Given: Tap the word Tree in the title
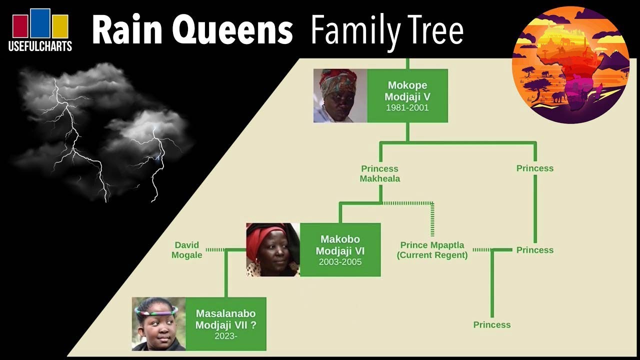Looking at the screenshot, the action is (x=434, y=30).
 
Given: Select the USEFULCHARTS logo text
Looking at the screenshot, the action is (x=40, y=46).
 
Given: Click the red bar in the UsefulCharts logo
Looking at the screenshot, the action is (x=20, y=26).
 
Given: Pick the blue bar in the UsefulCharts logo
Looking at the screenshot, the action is (x=40, y=23).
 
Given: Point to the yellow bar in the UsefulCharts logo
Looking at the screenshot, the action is (x=60, y=26).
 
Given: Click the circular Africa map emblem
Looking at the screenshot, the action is (x=570, y=65).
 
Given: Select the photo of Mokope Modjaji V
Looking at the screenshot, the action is (x=340, y=95).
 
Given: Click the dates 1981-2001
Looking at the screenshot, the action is (x=407, y=107).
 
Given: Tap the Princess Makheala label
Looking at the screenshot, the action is (x=379, y=173).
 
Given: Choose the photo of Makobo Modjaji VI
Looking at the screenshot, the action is (x=273, y=249).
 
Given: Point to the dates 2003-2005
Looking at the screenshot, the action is (x=340, y=262).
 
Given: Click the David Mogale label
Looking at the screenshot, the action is (x=187, y=250).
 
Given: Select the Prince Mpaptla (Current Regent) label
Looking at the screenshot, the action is (x=432, y=250).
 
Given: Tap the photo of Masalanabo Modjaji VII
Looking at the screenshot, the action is (x=159, y=324).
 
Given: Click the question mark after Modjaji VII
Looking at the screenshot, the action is (x=253, y=325).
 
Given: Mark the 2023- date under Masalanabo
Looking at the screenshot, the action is (x=225, y=336).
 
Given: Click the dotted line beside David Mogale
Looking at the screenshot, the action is (x=215, y=250).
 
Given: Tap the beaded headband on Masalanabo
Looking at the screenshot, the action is (x=156, y=310).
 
